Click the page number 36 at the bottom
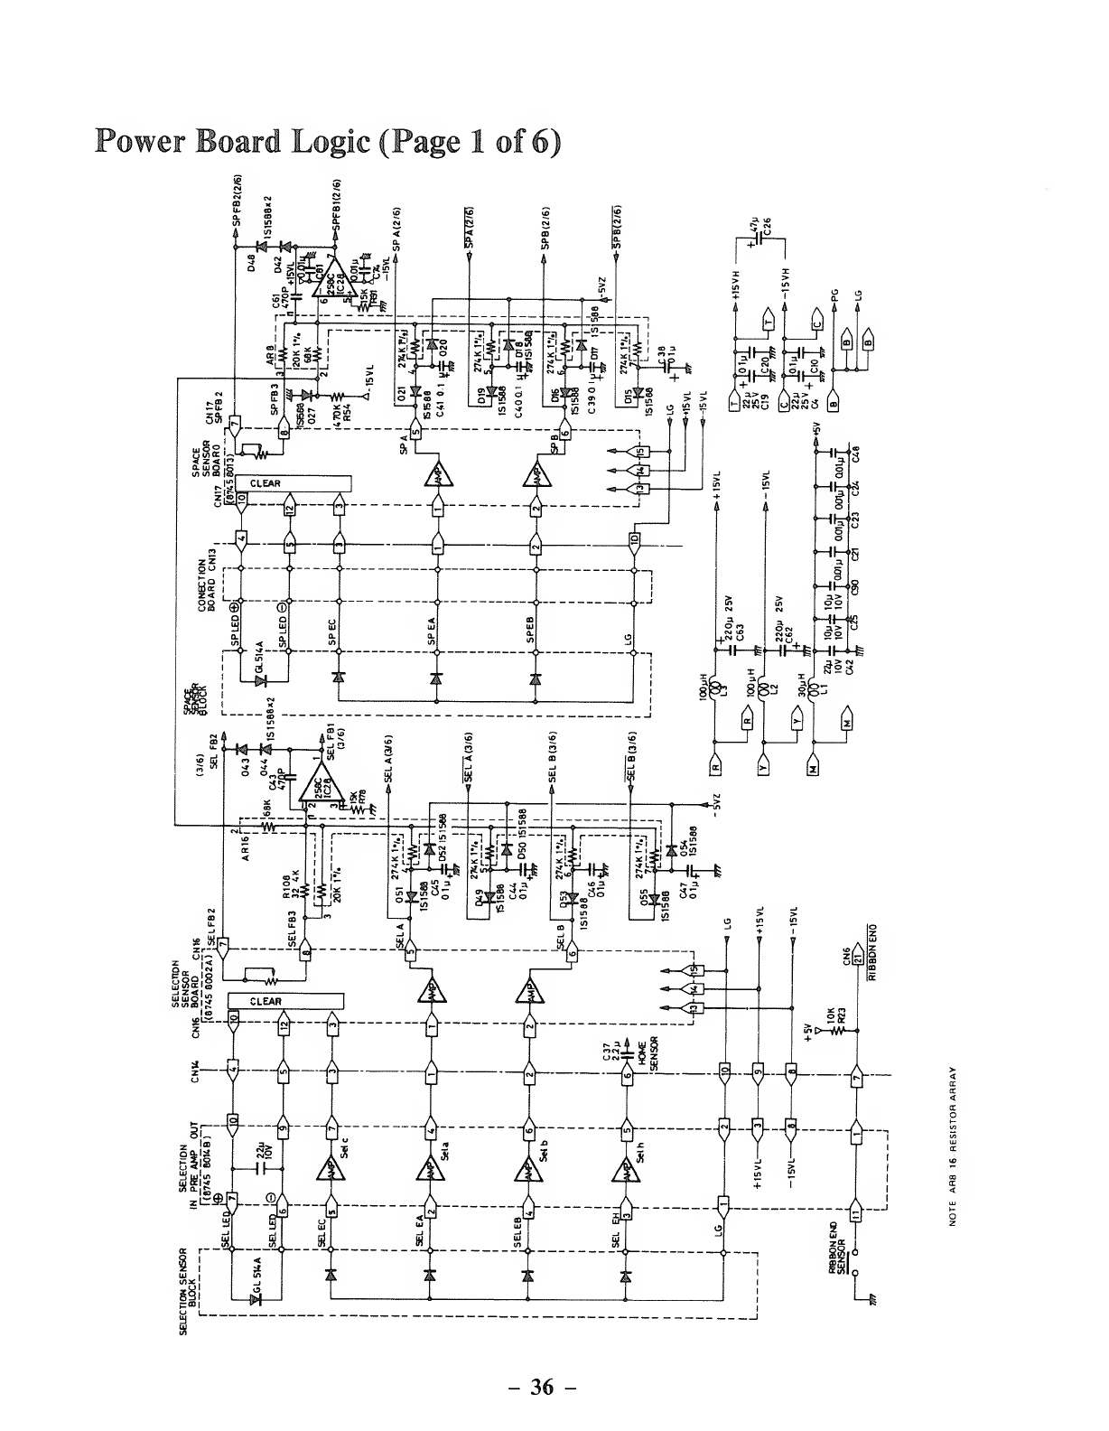541,1388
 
